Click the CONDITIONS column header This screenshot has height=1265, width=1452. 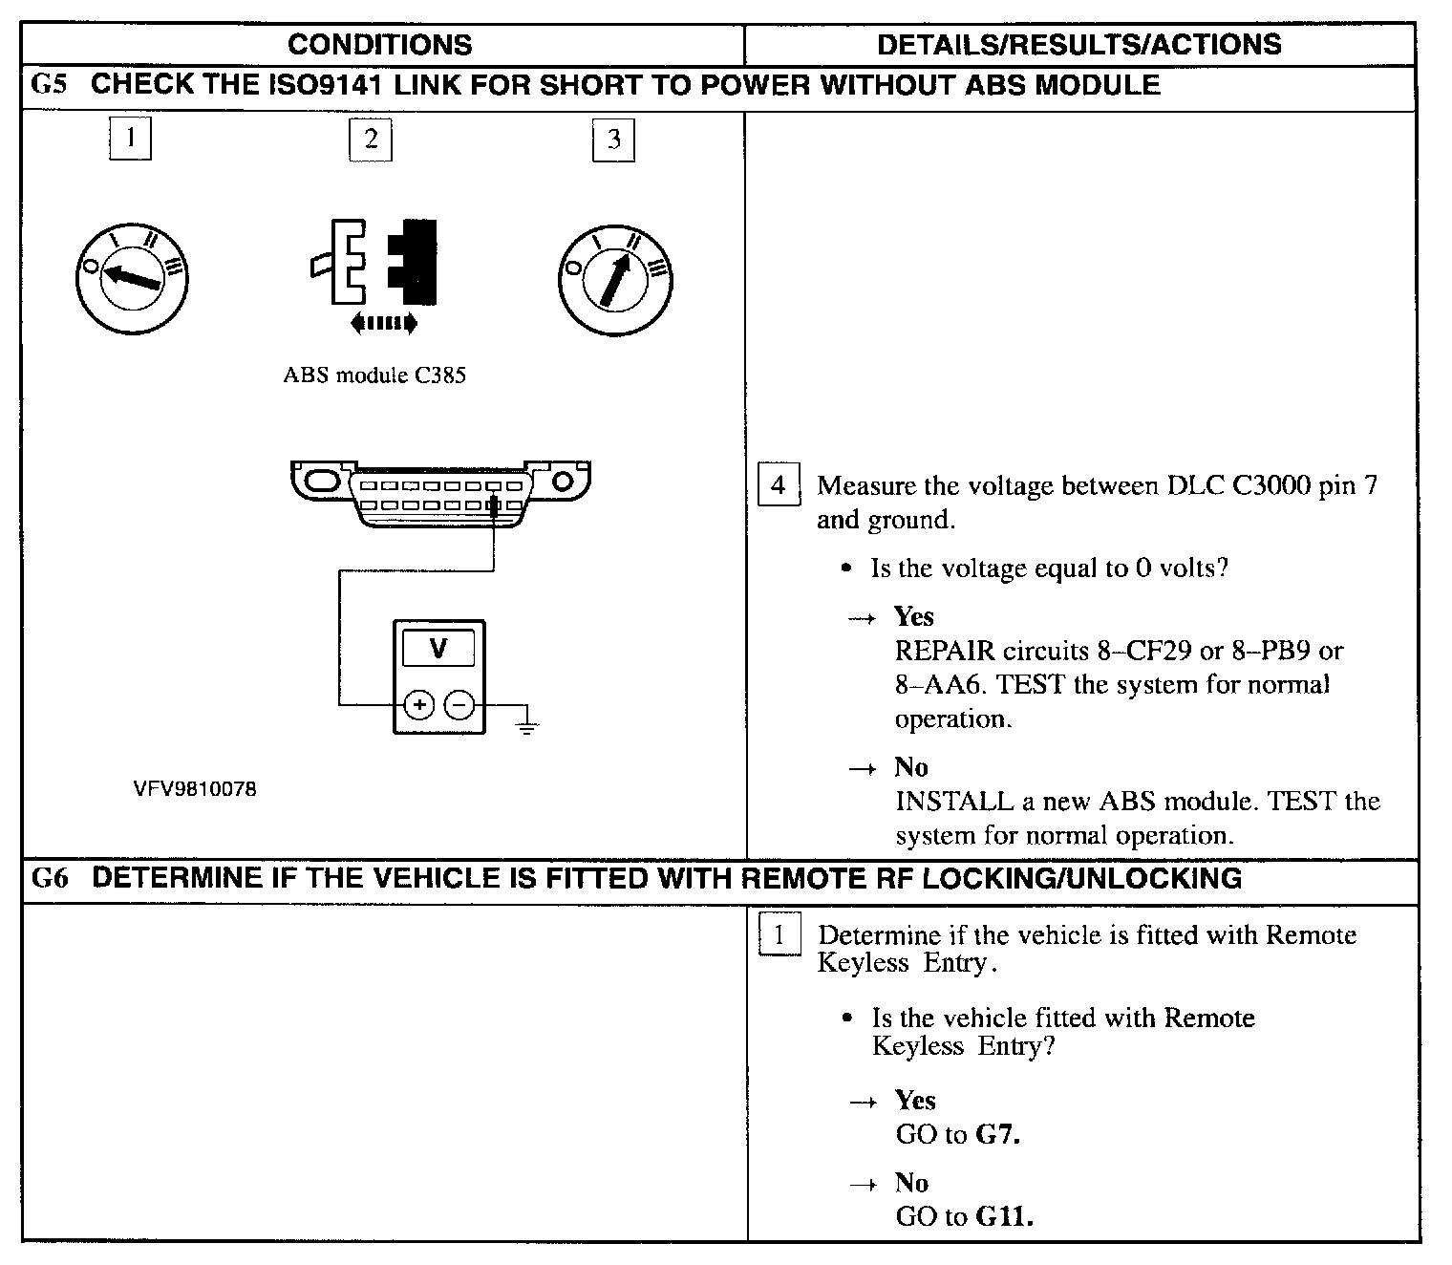(379, 45)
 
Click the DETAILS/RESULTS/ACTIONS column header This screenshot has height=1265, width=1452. (1079, 44)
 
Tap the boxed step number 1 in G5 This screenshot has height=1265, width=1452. (130, 138)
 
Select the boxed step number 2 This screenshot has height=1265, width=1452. (371, 139)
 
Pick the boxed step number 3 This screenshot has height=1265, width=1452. (613, 139)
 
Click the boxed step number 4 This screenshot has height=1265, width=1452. (778, 485)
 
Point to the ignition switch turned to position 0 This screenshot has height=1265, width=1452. (132, 278)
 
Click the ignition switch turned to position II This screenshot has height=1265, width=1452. (615, 278)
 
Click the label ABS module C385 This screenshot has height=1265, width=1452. (374, 375)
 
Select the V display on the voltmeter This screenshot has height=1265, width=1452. (438, 650)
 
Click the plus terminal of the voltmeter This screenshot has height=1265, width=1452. (418, 705)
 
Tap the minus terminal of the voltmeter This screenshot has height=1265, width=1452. (459, 705)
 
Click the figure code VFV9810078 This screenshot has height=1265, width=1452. (195, 790)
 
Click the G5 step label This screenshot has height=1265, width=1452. (50, 84)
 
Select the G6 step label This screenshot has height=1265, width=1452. (50, 878)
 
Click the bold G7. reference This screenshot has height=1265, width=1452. (998, 1135)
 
